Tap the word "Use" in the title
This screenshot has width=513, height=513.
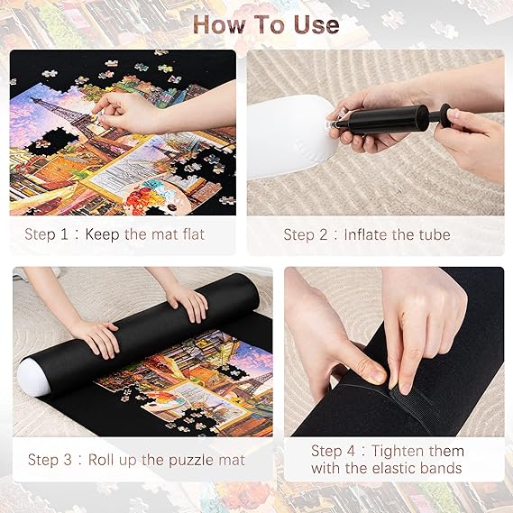pyautogui.click(x=316, y=24)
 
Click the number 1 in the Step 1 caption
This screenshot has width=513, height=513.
pyautogui.click(x=64, y=234)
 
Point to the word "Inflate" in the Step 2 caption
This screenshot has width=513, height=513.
pyautogui.click(x=367, y=234)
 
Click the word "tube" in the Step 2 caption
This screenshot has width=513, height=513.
pyautogui.click(x=435, y=234)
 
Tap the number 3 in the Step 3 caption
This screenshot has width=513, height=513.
pyautogui.click(x=68, y=460)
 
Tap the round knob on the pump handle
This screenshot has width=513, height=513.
pyautogui.click(x=445, y=115)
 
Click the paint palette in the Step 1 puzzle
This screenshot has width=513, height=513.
pyautogui.click(x=154, y=197)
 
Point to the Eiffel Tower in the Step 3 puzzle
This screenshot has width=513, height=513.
pyautogui.click(x=259, y=383)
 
